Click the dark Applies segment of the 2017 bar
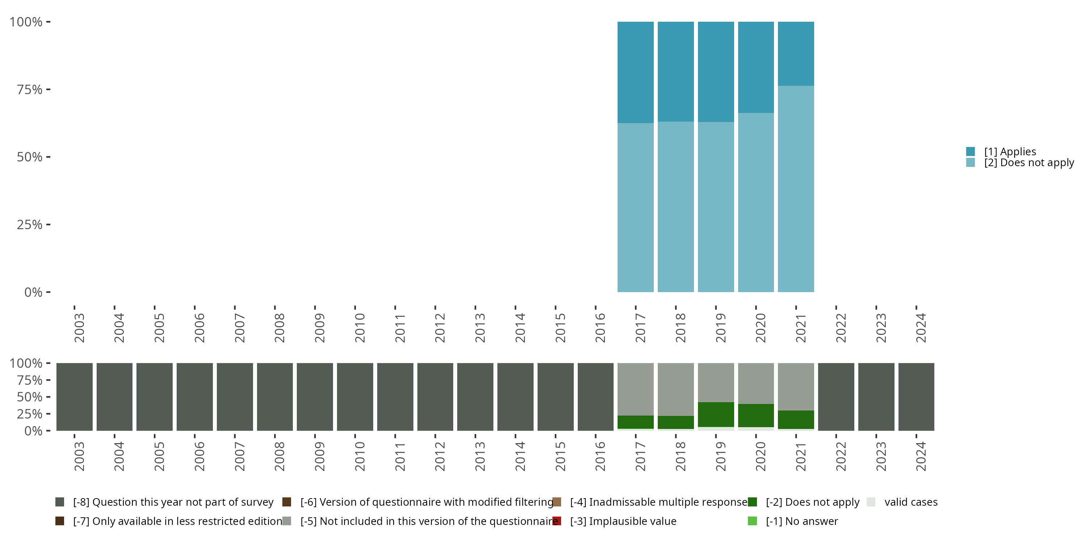[x=635, y=72]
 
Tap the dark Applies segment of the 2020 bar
[x=755, y=67]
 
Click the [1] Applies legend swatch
[x=970, y=151]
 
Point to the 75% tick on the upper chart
[x=48, y=89]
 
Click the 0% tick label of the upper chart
[x=33, y=292]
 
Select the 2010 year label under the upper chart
[x=359, y=328]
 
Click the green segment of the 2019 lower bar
[x=715, y=414]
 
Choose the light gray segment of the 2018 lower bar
[x=675, y=389]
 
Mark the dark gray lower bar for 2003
[x=74, y=397]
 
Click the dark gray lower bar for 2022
[x=835, y=397]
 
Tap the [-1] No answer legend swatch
[x=752, y=521]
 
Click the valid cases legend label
[x=911, y=502]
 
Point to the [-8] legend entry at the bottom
[x=173, y=502]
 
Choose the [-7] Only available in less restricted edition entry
[x=177, y=521]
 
